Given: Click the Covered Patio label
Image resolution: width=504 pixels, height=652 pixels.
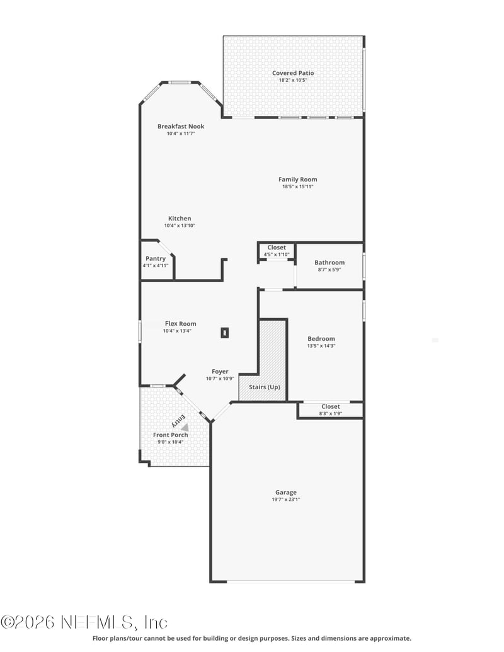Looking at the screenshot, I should click(293, 73).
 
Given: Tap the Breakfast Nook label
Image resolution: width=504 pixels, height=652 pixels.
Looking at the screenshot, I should click(181, 127).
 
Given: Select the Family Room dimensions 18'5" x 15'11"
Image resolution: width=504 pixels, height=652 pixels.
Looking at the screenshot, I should click(297, 186).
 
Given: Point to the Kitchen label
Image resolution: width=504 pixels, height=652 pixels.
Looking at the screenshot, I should click(180, 219).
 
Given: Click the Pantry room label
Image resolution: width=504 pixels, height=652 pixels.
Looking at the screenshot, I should click(156, 258).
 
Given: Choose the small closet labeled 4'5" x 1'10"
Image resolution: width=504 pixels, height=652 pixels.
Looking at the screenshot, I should click(277, 251).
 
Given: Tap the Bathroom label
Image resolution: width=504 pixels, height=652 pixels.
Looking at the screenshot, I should click(329, 263).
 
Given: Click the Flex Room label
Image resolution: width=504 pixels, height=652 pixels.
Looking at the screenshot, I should click(181, 324).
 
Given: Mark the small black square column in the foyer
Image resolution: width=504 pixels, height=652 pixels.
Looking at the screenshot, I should click(225, 333).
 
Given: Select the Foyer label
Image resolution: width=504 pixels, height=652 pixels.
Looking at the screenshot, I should click(220, 372).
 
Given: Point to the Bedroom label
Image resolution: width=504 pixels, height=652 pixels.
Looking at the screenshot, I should click(321, 338).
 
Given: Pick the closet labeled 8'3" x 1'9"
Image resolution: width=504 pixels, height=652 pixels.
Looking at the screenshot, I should click(330, 410).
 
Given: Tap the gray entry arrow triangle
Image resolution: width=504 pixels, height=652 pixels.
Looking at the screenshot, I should click(185, 427).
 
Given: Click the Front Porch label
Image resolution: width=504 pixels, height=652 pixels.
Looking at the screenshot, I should click(171, 435).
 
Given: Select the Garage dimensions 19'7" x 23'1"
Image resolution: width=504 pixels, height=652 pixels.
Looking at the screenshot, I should click(285, 500).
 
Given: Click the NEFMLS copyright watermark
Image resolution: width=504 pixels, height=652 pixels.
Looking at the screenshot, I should click(84, 622).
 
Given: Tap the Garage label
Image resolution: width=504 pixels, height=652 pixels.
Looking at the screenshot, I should click(285, 493).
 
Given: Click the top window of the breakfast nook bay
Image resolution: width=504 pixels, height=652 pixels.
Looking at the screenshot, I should click(180, 82).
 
